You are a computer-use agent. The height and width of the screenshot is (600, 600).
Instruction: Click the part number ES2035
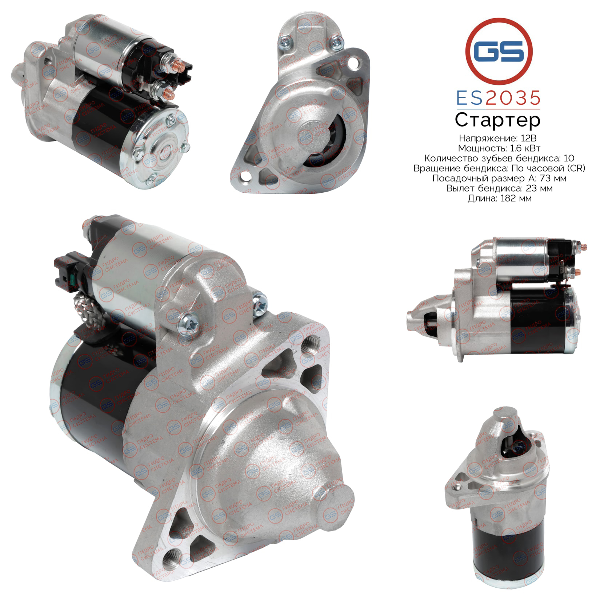click(498, 98)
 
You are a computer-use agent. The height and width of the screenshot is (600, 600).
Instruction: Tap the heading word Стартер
click(498, 120)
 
